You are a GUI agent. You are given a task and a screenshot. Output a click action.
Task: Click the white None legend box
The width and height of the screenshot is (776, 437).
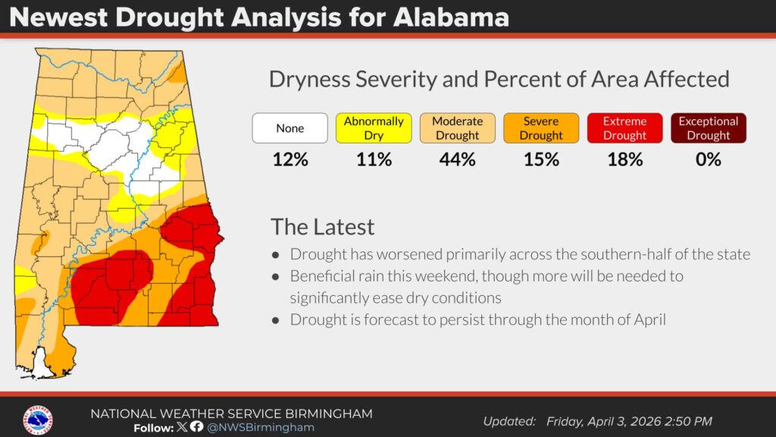coord(289,128)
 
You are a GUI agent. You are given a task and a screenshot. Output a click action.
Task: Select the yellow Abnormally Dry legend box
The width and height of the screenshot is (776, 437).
coord(374,128)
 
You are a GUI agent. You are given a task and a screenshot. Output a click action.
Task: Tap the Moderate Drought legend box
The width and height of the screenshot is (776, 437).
coord(458,128)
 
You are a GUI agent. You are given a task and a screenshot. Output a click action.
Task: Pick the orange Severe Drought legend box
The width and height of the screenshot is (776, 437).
coord(541,128)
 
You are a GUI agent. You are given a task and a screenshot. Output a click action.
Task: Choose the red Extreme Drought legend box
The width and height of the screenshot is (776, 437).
coord(625,128)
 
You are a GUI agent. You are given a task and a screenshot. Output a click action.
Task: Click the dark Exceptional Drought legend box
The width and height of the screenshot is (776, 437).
coord(708,128)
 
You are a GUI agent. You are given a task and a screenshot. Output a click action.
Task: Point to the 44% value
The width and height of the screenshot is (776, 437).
coord(458,159)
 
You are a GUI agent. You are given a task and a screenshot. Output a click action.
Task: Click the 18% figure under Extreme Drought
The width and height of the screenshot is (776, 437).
coord(625,159)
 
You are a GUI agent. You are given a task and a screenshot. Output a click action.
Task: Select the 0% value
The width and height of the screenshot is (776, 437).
coord(708,159)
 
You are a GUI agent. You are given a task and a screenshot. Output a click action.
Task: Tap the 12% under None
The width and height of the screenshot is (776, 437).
coord(289,159)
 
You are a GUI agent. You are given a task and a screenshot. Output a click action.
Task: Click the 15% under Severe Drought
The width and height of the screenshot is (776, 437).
coord(541,159)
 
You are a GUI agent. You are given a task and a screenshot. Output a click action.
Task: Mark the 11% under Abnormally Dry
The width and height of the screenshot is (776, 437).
coord(374,159)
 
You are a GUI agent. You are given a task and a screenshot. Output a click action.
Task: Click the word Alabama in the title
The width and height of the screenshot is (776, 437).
coord(452,17)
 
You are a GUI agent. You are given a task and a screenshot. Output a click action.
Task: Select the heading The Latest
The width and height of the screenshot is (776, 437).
coord(323,227)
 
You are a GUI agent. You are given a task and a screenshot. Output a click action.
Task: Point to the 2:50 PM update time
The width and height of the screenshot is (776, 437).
coord(687,421)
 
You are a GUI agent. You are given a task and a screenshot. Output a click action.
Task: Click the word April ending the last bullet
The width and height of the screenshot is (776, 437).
coord(645,319)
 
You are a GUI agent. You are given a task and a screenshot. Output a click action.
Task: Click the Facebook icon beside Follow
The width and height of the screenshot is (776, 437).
coord(197,427)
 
